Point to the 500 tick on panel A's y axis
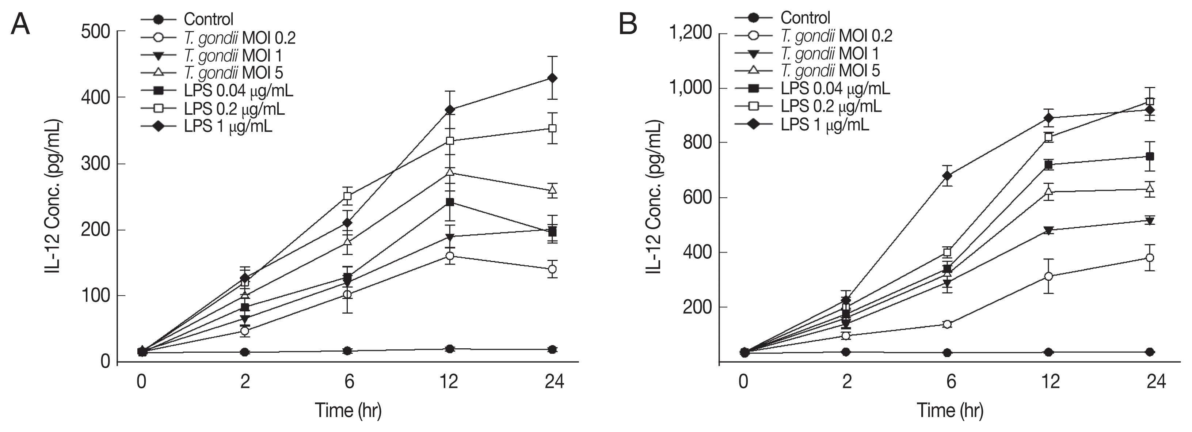click(95, 32)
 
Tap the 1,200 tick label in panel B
click(690, 33)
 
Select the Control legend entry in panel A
click(208, 19)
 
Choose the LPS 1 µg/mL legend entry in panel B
click(825, 124)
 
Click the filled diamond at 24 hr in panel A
click(552, 78)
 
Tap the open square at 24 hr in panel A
click(552, 128)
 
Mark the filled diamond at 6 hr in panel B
click(947, 175)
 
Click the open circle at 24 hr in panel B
click(1149, 257)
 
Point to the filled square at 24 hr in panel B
click(1149, 156)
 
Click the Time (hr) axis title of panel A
click(348, 410)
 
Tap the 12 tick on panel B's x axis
click(1050, 382)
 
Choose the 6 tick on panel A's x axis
click(349, 382)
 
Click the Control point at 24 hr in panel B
click(1149, 352)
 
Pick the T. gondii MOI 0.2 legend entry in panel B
click(836, 36)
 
